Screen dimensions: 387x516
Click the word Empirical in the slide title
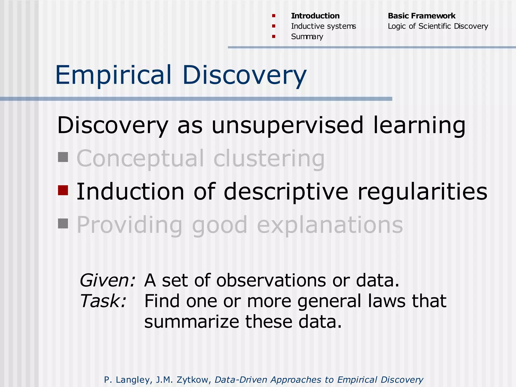(113, 75)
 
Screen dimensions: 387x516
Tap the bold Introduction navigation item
(315, 16)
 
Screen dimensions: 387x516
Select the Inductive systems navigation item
(324, 26)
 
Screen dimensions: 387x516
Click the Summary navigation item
(307, 37)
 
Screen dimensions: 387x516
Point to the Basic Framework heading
(422, 16)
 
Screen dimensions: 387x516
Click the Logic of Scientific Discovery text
(438, 26)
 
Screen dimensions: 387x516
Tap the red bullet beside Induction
(63, 190)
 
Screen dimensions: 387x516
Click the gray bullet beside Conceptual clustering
(63, 157)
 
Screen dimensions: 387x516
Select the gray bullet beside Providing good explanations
(63, 223)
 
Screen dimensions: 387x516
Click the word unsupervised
(287, 125)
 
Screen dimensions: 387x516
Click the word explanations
(330, 225)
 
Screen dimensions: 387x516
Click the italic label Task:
(103, 301)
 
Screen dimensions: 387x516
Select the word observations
(271, 280)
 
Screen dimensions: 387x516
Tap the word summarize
(191, 322)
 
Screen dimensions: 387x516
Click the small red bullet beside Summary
(274, 37)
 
